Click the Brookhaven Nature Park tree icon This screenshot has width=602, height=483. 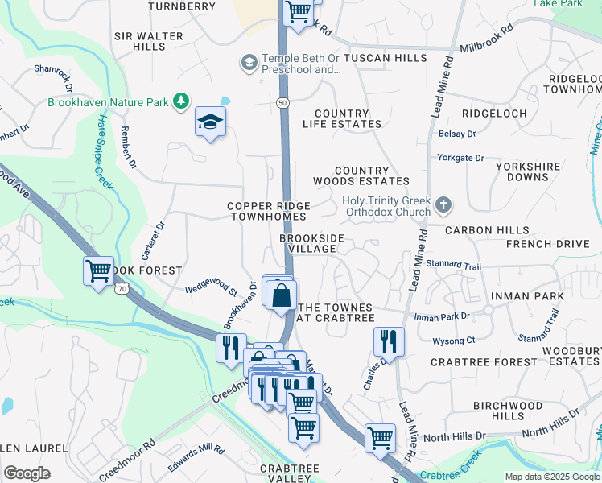click(183, 101)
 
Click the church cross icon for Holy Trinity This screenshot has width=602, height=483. click(443, 206)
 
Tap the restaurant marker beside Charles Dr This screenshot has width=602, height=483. click(389, 341)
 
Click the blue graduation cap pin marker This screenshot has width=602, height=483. click(210, 122)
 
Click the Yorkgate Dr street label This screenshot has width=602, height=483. click(460, 159)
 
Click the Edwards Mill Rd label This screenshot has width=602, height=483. click(196, 459)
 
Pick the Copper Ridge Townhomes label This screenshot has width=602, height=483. click(268, 211)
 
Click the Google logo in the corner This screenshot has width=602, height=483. click(27, 473)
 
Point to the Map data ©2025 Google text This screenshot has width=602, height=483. click(551, 477)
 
